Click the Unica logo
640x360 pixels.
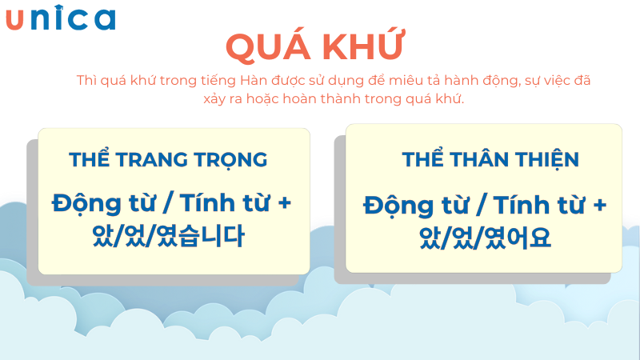[61, 19]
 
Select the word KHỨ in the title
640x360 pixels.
[365, 47]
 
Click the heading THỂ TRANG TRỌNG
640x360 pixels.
[168, 159]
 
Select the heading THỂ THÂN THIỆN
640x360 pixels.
[490, 159]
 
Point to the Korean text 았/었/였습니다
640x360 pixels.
[169, 237]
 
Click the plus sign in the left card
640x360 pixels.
[283, 203]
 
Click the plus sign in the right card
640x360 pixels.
[598, 205]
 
